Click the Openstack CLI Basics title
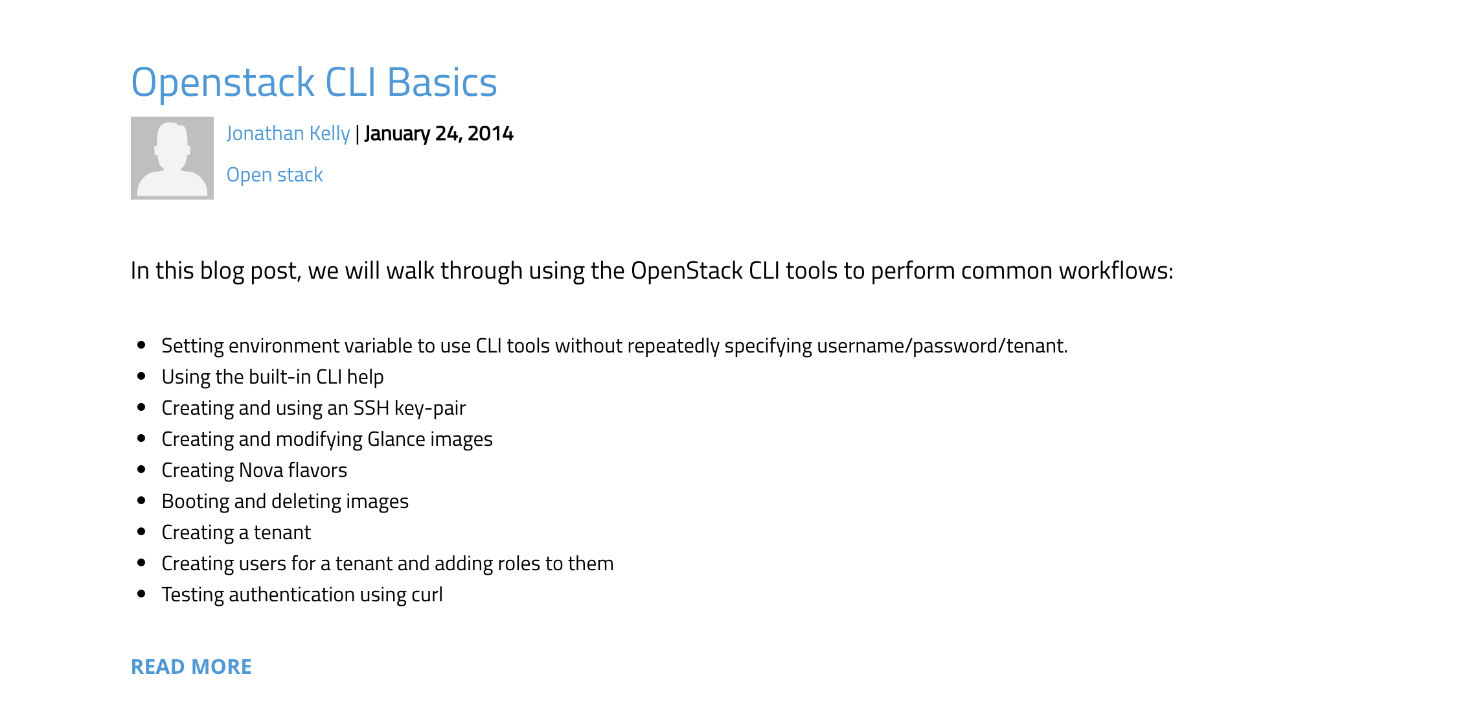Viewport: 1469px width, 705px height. pyautogui.click(x=313, y=83)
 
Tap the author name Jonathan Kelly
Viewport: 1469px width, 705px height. pyautogui.click(x=288, y=133)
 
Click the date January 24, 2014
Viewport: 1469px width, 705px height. pyautogui.click(x=439, y=133)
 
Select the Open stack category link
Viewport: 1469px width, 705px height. pyautogui.click(x=275, y=175)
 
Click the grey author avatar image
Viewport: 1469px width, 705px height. pyautogui.click(x=172, y=158)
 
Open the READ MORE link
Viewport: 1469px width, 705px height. pyautogui.click(x=191, y=667)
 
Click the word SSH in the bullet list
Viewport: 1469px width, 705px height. pyautogui.click(x=370, y=408)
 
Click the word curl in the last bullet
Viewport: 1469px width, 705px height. pyautogui.click(x=426, y=595)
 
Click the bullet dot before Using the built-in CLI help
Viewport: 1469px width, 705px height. pyautogui.click(x=141, y=376)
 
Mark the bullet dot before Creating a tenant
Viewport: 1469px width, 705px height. pyautogui.click(x=141, y=532)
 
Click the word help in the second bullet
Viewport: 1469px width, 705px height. pyautogui.click(x=365, y=377)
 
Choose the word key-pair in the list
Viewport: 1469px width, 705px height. pyautogui.click(x=430, y=408)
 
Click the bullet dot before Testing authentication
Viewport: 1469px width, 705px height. pyautogui.click(x=141, y=594)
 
